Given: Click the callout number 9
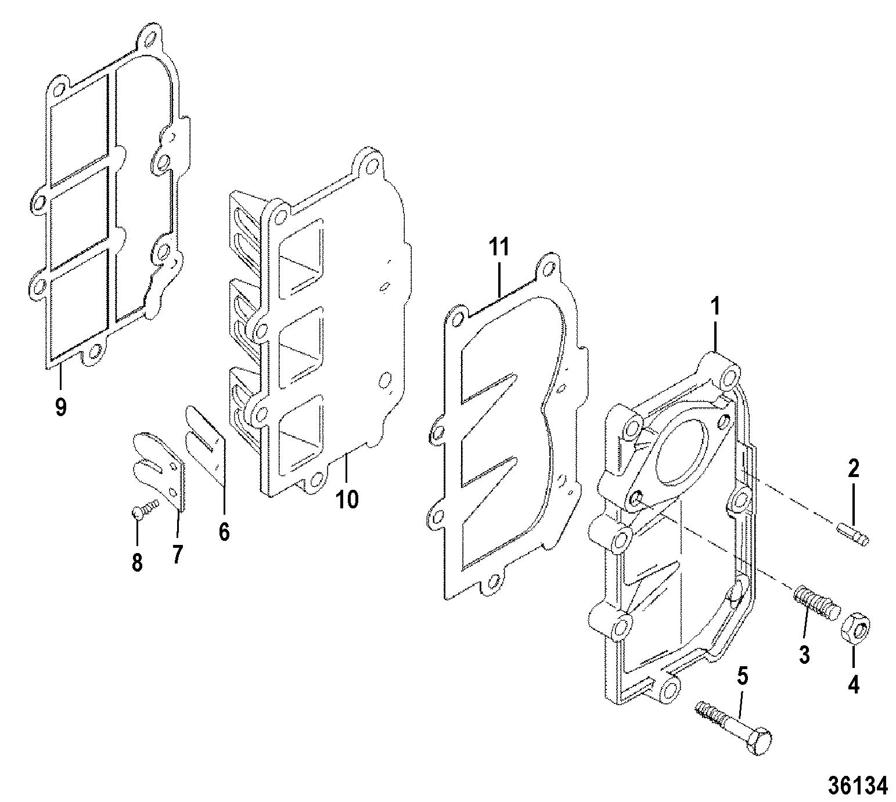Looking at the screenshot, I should pyautogui.click(x=60, y=406).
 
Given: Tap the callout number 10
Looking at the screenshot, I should pyautogui.click(x=347, y=498).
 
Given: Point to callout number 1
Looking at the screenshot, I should pyautogui.click(x=715, y=308).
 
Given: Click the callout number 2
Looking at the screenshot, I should pyautogui.click(x=853, y=468).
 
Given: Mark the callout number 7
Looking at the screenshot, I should pyautogui.click(x=177, y=554).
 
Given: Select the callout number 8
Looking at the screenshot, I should pyautogui.click(x=137, y=562).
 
